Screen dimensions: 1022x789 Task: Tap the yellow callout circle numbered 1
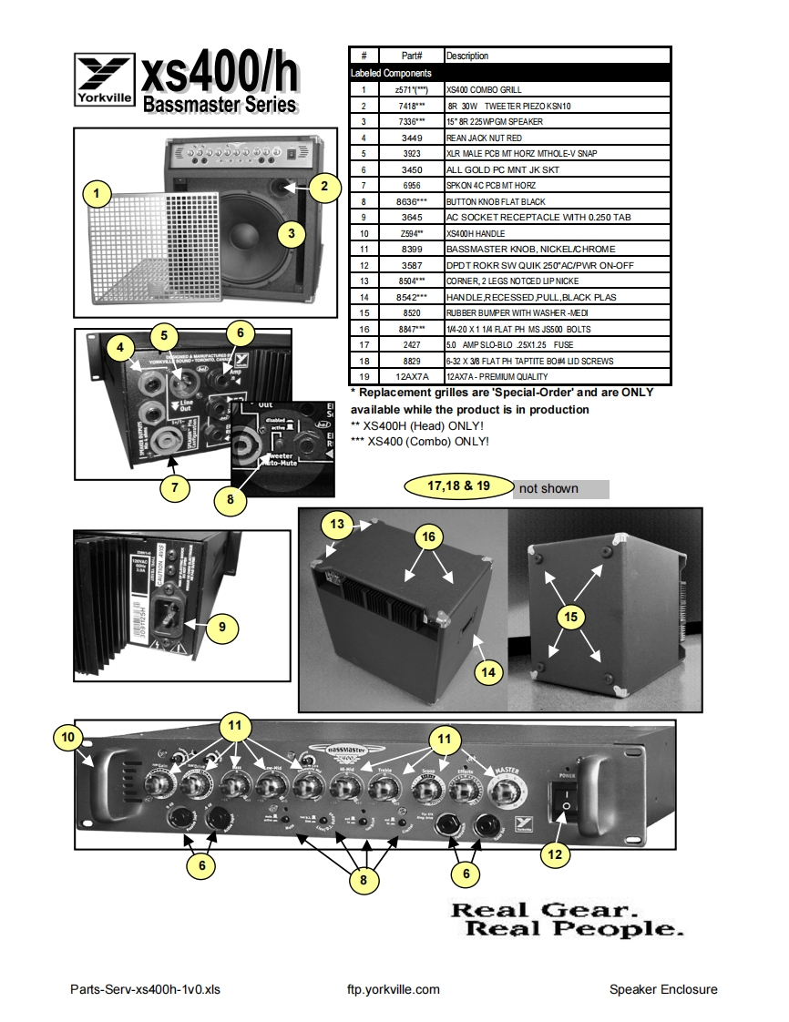click(97, 193)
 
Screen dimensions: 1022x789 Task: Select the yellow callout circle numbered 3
click(291, 233)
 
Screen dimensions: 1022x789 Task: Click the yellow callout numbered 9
click(222, 627)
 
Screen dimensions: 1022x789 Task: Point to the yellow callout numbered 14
click(489, 671)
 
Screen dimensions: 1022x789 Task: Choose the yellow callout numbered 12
click(555, 853)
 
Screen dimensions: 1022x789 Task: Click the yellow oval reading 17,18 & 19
click(459, 486)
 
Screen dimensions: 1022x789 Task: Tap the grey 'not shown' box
click(560, 489)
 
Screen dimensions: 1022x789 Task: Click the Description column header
click(467, 56)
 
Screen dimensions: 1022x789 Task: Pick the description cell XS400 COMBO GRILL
click(483, 90)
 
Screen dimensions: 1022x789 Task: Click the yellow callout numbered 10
click(69, 735)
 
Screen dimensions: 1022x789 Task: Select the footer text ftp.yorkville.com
click(394, 989)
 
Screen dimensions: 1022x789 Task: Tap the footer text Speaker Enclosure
click(663, 989)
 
